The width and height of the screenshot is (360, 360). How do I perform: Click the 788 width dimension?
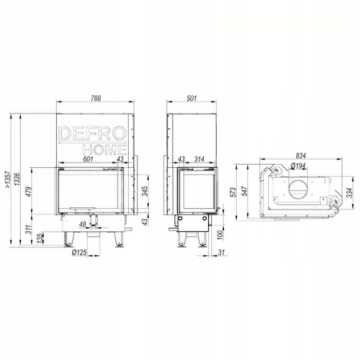pos(95,98)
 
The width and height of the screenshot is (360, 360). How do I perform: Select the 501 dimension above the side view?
pos(191,98)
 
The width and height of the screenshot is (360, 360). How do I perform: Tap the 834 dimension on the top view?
pos(301,155)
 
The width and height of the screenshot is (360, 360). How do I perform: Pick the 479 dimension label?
pos(29,191)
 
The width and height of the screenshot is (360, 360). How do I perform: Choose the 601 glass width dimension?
pos(88,159)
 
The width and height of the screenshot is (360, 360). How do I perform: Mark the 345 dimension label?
pos(145,191)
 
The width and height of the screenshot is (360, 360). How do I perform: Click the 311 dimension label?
pos(29,230)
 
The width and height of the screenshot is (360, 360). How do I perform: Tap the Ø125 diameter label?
pos(79,252)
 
